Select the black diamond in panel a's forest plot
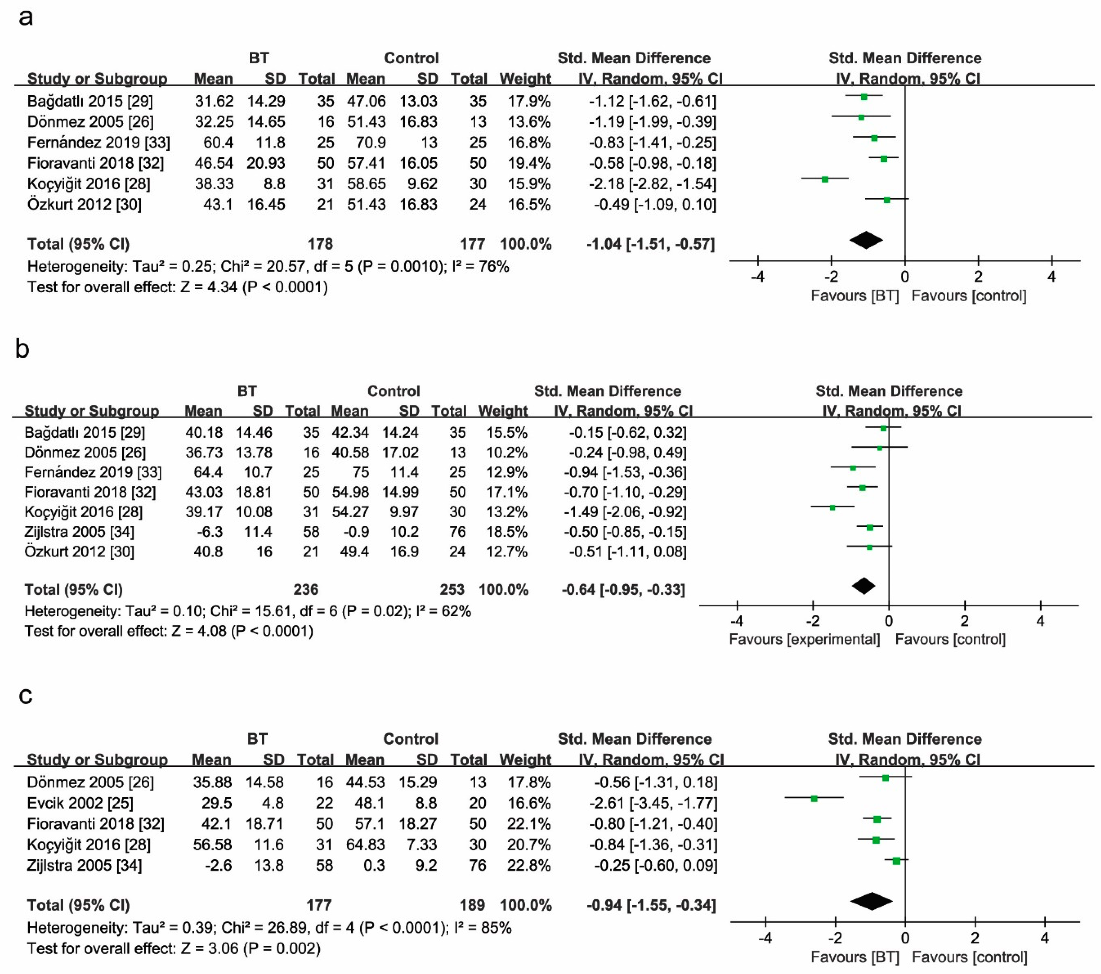tap(866, 240)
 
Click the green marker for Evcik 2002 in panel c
tap(814, 798)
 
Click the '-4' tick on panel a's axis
tap(758, 277)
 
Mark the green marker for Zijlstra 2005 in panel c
tap(896, 861)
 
